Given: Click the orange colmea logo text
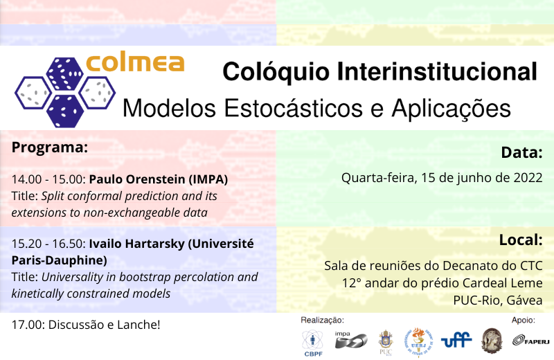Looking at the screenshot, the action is pyautogui.click(x=135, y=64).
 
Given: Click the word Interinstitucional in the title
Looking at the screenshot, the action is pyautogui.click(x=437, y=71).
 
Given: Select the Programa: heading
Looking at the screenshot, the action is pyautogui.click(x=49, y=147).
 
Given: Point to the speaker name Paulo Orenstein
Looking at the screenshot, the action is pyautogui.click(x=136, y=179).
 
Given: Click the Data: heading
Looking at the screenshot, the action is pyautogui.click(x=521, y=152).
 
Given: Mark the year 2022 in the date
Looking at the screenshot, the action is pyautogui.click(x=528, y=177).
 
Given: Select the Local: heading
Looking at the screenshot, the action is pyautogui.click(x=521, y=240).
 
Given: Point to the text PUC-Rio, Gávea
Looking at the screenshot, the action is pyautogui.click(x=497, y=300).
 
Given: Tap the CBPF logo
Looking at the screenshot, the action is pyautogui.click(x=313, y=343).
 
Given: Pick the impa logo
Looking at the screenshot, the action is pyautogui.click(x=351, y=340).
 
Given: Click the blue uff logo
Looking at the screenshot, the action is pyautogui.click(x=456, y=340).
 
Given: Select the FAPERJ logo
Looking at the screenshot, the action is pyautogui.click(x=531, y=340).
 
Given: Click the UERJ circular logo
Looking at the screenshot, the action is pyautogui.click(x=418, y=342).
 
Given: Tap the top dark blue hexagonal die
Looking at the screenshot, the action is pyautogui.click(x=64, y=74).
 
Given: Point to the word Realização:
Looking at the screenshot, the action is pyautogui.click(x=322, y=320).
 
